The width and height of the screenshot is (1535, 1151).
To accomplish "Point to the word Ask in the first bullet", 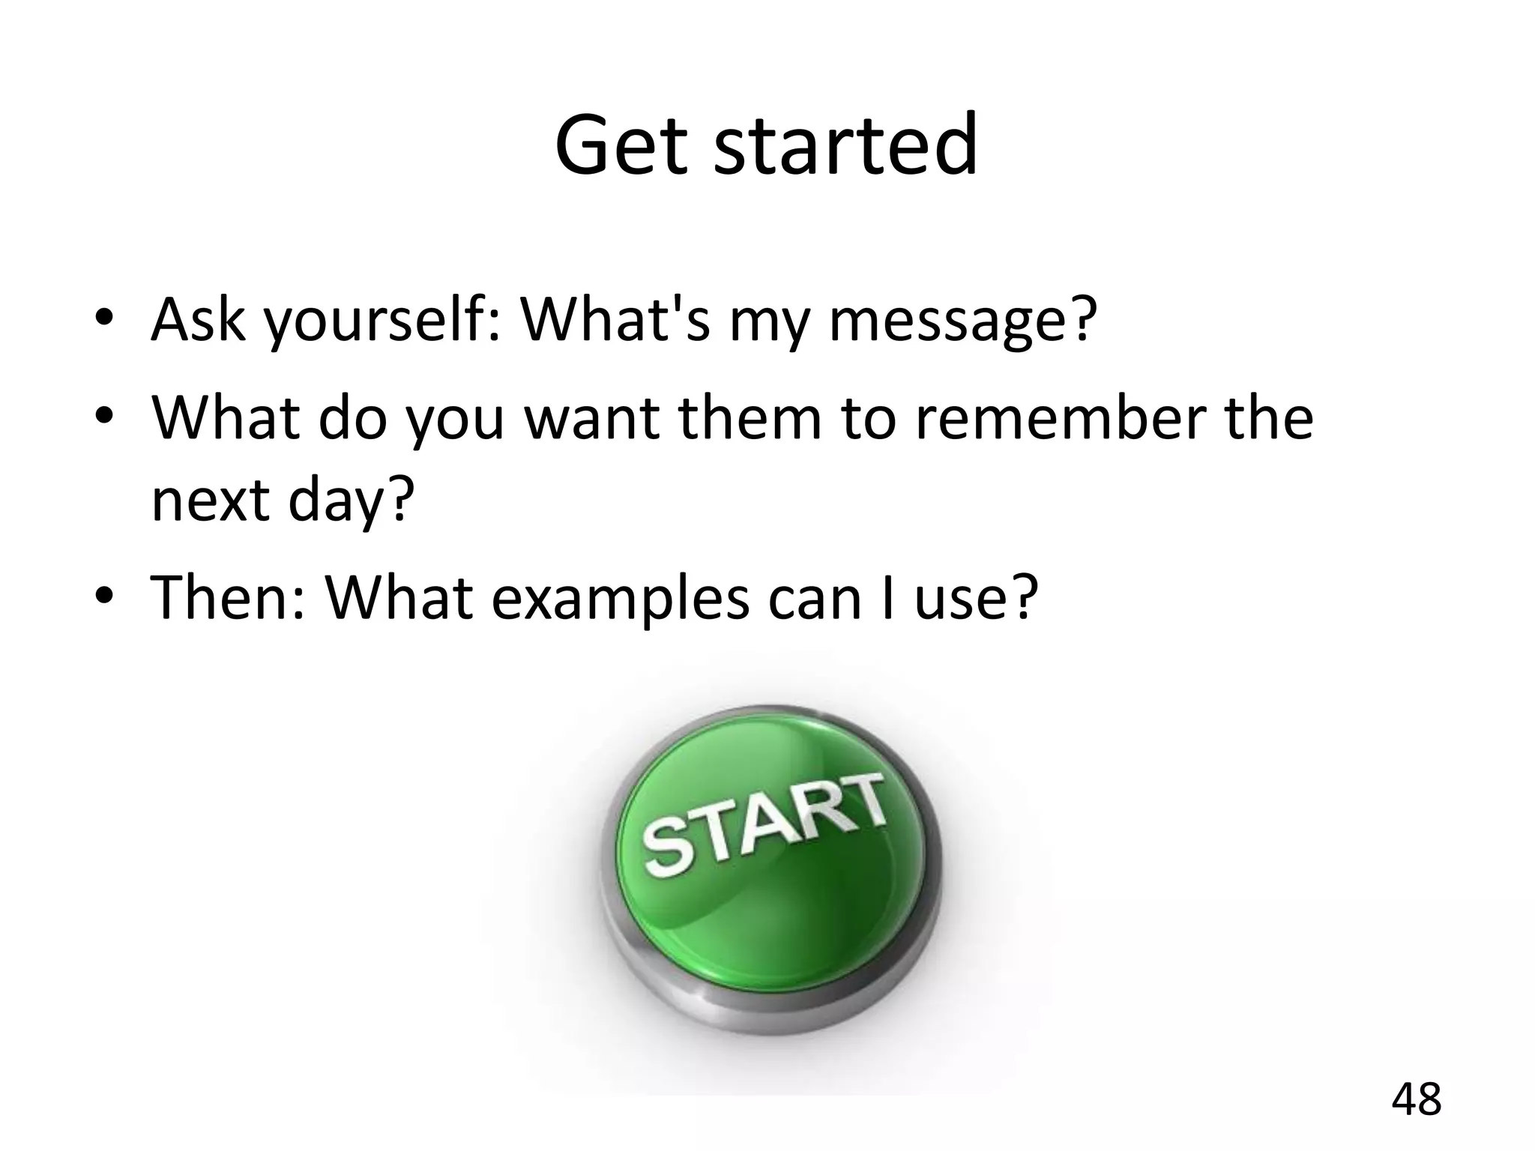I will coord(198,321).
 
